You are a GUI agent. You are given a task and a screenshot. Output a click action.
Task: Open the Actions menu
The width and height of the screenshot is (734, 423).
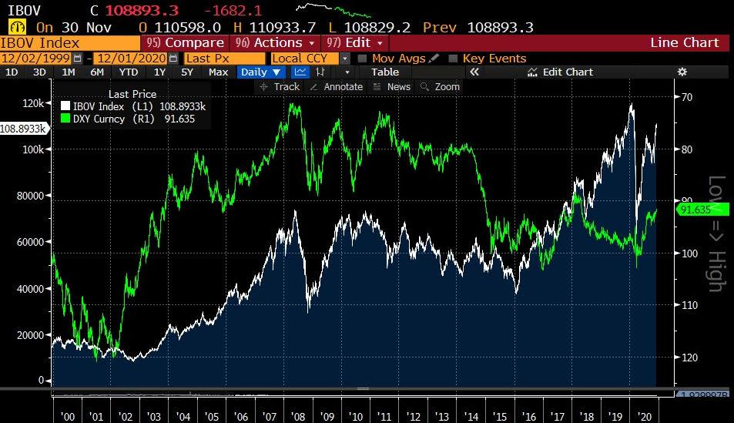click(x=277, y=42)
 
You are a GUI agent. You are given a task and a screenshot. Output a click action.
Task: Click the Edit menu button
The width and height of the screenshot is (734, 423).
click(x=357, y=42)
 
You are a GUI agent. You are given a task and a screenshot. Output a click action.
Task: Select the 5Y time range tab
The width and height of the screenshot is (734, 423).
click(x=187, y=72)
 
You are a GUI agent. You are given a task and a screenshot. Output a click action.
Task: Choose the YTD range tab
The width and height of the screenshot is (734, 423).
click(x=129, y=72)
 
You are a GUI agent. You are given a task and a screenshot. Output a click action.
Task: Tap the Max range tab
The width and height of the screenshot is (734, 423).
click(x=218, y=72)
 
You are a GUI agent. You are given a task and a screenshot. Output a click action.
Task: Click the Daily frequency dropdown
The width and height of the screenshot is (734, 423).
click(x=261, y=72)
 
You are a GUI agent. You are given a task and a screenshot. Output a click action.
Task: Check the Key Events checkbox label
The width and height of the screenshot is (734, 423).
click(x=494, y=58)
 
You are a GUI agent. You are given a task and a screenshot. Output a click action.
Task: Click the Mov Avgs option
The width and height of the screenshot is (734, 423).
click(x=399, y=58)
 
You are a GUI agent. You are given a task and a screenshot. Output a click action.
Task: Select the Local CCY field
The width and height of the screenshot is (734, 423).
click(x=304, y=58)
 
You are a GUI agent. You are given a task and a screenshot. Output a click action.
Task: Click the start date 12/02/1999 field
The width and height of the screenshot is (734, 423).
click(x=36, y=58)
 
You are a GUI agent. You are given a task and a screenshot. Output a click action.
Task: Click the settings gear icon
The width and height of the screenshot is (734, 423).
click(x=682, y=72)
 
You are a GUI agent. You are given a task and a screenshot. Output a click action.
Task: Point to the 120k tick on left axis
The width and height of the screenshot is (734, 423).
click(x=32, y=102)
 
